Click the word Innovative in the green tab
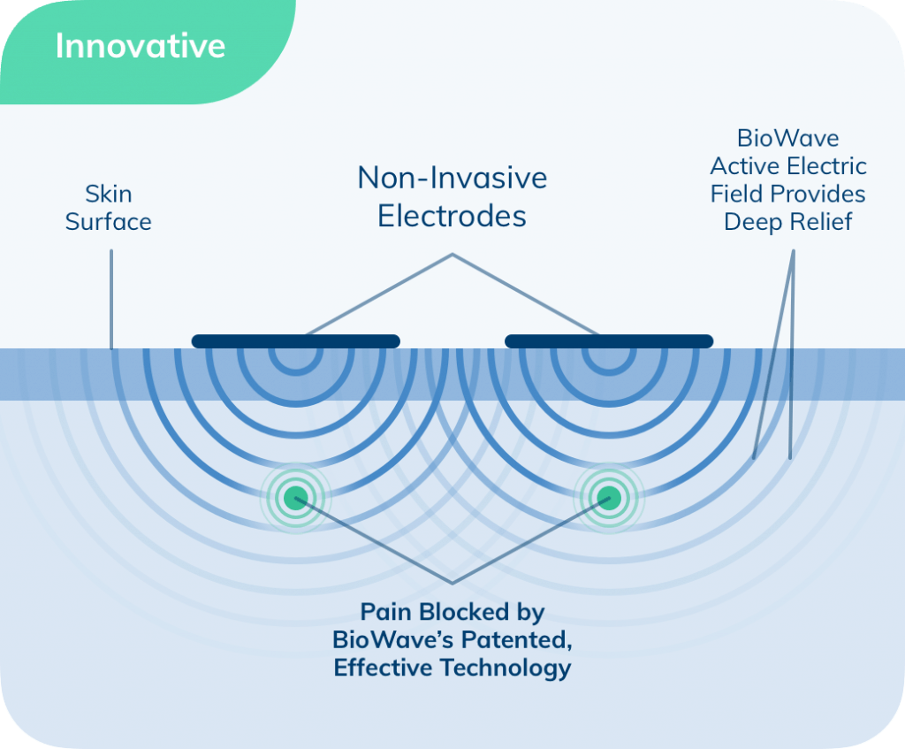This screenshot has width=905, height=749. point(141,46)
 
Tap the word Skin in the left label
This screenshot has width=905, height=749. point(109,194)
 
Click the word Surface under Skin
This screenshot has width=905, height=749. point(109,222)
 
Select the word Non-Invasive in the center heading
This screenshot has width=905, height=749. point(452,178)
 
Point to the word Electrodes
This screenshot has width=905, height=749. point(452,217)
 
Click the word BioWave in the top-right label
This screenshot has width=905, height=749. point(787,139)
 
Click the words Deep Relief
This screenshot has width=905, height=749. point(787,222)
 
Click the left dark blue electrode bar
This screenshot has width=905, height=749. point(295,341)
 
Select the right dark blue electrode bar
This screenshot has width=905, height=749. point(609,341)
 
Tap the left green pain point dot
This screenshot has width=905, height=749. point(295,498)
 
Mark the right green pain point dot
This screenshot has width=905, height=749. point(609,498)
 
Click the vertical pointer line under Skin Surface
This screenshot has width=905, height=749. point(111,299)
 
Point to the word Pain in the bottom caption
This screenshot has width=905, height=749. point(385,612)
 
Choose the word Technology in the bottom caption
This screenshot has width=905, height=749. point(506,669)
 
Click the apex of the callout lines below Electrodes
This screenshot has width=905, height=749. point(452,254)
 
